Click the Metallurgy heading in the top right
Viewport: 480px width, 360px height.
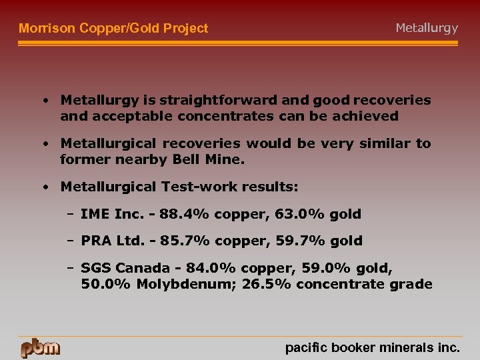click(427, 28)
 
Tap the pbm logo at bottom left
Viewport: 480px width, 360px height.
click(40, 348)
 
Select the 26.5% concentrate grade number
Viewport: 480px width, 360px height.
click(269, 285)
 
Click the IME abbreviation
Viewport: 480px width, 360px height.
click(94, 214)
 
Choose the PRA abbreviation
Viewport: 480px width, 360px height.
click(95, 241)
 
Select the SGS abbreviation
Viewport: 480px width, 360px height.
click(95, 268)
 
